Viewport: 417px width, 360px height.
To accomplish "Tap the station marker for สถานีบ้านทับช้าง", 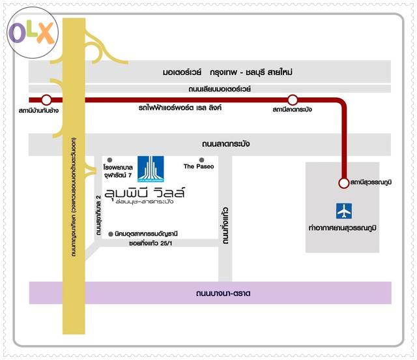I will tap(46, 100).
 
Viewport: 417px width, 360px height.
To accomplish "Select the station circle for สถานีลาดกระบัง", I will tap(293, 100).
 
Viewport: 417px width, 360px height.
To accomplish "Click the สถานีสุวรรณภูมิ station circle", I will tap(343, 183).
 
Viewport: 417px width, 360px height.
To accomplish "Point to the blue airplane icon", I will tap(343, 211).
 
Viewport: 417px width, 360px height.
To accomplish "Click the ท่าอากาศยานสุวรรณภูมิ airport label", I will tap(343, 228).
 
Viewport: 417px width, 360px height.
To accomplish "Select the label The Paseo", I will tap(199, 167).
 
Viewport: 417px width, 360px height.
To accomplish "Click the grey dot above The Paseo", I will tap(202, 160).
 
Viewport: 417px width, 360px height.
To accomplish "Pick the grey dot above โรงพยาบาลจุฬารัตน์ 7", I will tap(109, 160).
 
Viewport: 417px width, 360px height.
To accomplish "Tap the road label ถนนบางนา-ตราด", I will tap(223, 294).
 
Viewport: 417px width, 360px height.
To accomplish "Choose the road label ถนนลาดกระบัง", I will tap(226, 144).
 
